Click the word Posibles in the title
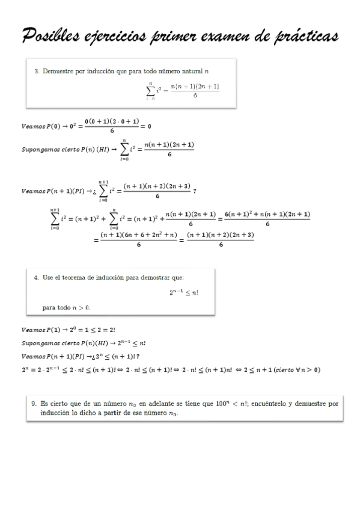coord(51,37)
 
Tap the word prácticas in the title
coord(304,37)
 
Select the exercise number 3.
coord(37,72)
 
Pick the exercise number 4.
coord(37,277)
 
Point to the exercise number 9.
coord(35,405)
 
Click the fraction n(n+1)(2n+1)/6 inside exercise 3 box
coord(195,90)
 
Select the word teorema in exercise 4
coord(80,277)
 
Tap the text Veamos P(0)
coord(40,126)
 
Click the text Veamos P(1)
coord(40,329)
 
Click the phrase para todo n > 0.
coord(66,307)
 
